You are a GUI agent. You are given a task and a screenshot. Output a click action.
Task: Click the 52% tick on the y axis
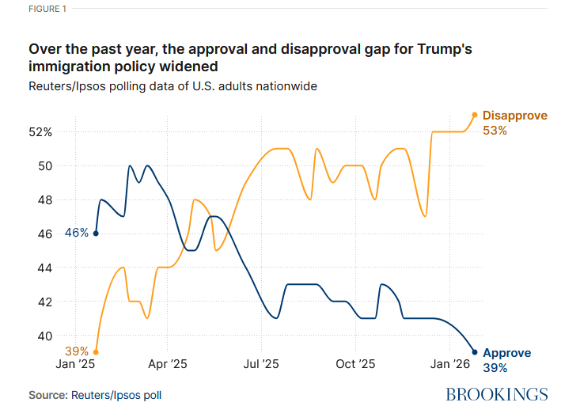(x=40, y=132)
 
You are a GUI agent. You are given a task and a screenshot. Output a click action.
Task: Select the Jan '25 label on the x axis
(x=75, y=365)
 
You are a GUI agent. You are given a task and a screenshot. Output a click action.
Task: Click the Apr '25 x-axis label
(x=168, y=365)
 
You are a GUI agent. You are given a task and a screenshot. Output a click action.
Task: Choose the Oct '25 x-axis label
(x=355, y=365)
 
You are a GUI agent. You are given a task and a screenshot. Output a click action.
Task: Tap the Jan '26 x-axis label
(x=450, y=365)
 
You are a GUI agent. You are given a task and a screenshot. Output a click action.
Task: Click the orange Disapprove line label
(x=515, y=116)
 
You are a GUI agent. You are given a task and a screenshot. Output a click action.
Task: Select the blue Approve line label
(x=507, y=353)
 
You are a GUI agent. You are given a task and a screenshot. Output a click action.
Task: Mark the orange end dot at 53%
(x=475, y=115)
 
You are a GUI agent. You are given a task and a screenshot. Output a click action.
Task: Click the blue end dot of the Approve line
(x=475, y=352)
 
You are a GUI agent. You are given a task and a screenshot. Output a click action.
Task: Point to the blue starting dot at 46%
(x=96, y=233)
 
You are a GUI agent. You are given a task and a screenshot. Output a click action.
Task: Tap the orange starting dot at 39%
(x=96, y=352)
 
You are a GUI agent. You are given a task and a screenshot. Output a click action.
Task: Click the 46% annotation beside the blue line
(x=77, y=233)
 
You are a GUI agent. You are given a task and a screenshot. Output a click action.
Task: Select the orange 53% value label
(x=495, y=131)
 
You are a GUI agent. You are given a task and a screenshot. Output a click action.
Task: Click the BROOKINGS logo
(x=497, y=394)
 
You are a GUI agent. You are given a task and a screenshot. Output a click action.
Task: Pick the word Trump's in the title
(x=443, y=49)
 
